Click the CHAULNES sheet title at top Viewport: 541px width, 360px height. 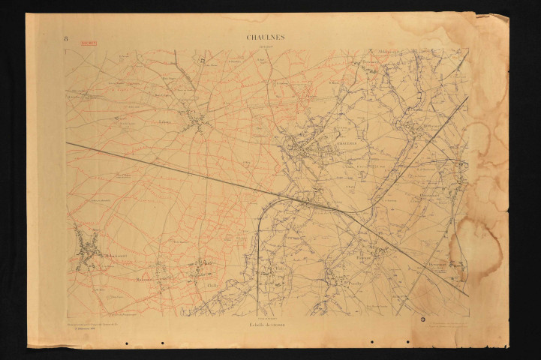[266, 36]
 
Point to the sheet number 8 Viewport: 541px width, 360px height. [66, 37]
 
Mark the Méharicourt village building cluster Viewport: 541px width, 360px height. [88, 251]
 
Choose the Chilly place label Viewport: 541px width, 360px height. [211, 285]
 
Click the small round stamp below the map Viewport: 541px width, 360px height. [422, 319]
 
